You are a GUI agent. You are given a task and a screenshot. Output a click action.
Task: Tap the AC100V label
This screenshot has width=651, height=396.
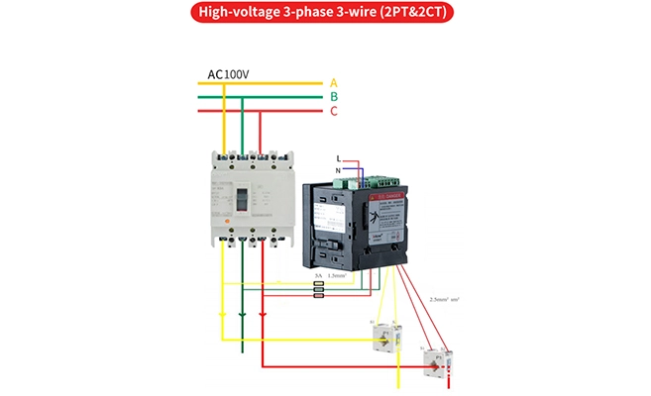[228, 74]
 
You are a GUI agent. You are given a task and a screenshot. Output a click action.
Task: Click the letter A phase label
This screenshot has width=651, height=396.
[334, 82]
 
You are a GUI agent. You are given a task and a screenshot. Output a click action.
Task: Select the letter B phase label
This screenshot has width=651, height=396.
[334, 96]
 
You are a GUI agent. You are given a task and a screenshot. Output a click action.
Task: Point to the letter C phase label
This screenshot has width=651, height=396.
[334, 111]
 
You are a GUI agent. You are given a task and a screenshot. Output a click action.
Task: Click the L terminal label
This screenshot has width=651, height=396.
[339, 158]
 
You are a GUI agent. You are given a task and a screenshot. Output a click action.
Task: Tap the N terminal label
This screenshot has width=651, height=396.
[339, 170]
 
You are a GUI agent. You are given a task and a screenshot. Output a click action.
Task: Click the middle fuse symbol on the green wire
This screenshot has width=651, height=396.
[318, 288]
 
